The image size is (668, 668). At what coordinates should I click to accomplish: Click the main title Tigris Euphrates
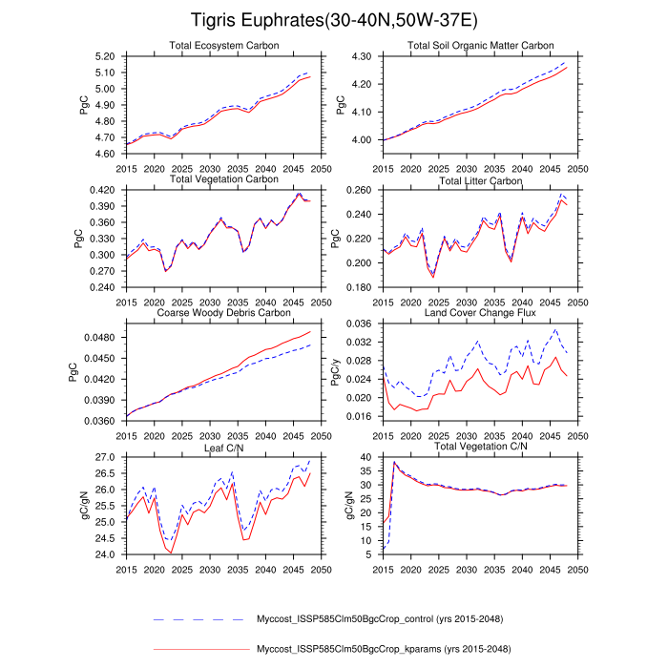click(333, 20)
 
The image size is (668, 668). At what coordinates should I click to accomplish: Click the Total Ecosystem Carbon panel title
click(221, 46)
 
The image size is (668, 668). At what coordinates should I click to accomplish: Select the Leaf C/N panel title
click(222, 446)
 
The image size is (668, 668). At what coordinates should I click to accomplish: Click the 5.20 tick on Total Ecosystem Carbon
click(104, 57)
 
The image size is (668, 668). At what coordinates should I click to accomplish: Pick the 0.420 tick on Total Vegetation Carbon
click(101, 190)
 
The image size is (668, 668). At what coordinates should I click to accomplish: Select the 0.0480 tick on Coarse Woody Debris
click(99, 338)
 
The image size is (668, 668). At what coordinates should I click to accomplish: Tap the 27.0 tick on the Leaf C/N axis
click(104, 457)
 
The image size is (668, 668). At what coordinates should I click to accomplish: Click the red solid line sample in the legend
click(199, 650)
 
